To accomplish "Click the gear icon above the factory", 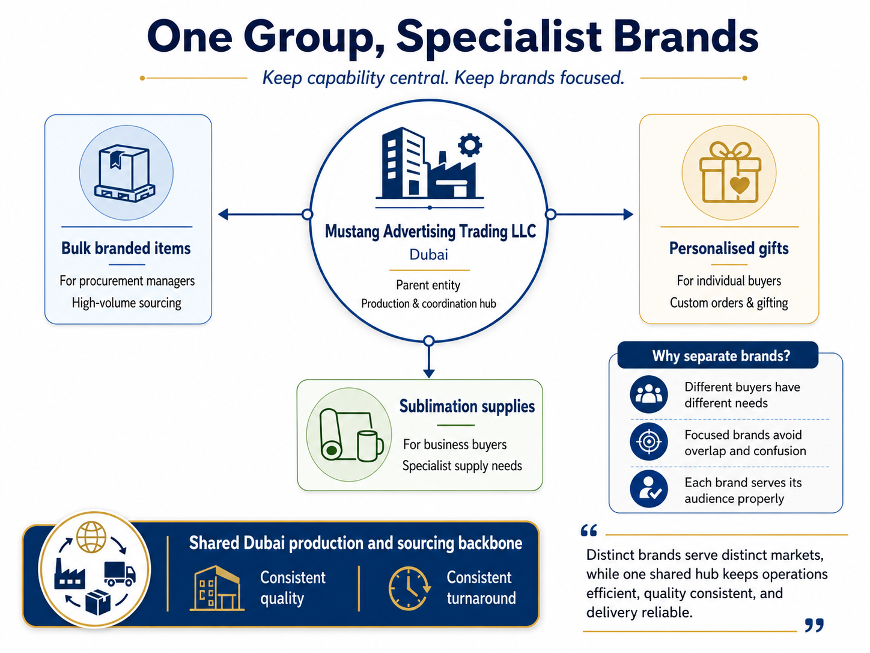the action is tap(470, 146).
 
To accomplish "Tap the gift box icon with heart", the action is tap(729, 173).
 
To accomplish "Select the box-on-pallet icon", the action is tap(124, 173).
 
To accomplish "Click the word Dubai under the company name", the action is tap(428, 254).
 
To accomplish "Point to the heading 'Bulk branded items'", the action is tap(126, 248).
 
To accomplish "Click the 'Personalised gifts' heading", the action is tap(729, 248).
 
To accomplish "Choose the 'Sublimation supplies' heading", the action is tap(467, 406).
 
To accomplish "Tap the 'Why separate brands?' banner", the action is tap(718, 355).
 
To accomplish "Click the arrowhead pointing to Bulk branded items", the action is tap(223, 215).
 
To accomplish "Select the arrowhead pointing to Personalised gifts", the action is tap(628, 215).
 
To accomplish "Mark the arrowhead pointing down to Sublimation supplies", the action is tap(429, 373).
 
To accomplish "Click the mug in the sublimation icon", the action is tap(370, 446).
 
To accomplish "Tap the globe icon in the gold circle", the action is tap(91, 537).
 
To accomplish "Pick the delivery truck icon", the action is tap(120, 574).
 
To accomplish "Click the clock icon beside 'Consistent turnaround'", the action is tap(409, 588).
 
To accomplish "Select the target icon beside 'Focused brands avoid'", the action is tap(649, 442).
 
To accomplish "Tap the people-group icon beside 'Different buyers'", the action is tap(649, 394).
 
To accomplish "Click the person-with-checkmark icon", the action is tap(649, 489).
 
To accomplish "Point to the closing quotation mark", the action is tap(815, 625).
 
